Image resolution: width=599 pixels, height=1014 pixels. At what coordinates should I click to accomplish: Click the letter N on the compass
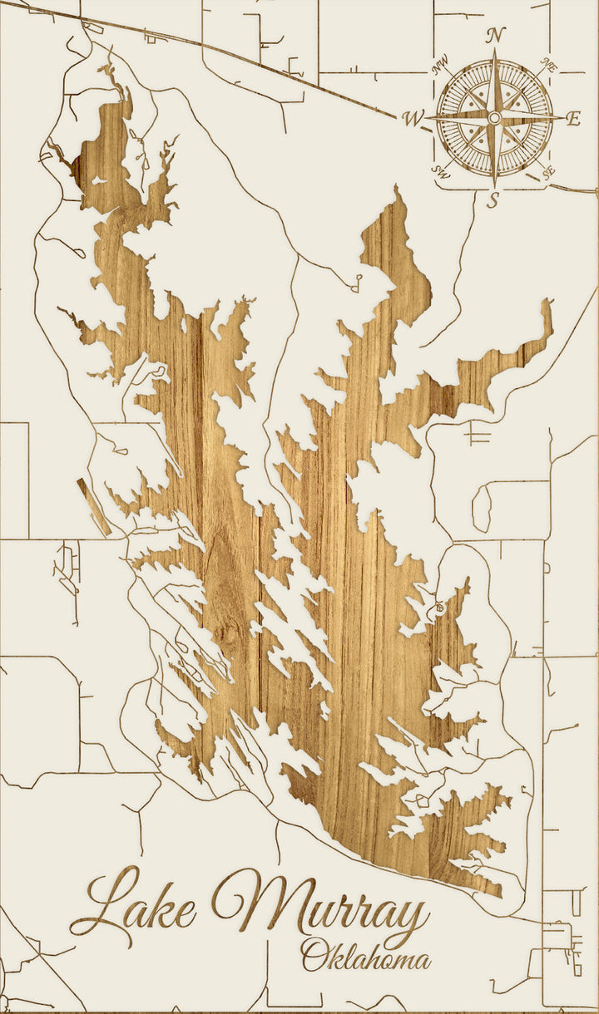(x=496, y=35)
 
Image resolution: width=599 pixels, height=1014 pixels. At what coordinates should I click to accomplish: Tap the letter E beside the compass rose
(x=572, y=119)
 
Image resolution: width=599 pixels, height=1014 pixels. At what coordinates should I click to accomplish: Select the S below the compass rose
(x=493, y=199)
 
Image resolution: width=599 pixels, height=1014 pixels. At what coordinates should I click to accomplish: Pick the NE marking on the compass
(x=547, y=65)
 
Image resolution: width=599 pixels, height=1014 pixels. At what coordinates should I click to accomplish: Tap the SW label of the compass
(x=441, y=171)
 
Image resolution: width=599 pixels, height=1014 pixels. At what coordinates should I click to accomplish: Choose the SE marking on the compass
(x=547, y=172)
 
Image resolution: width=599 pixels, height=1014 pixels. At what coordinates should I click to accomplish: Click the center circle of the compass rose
(x=494, y=119)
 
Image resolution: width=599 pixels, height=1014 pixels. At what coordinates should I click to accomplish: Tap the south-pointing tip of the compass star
(x=495, y=186)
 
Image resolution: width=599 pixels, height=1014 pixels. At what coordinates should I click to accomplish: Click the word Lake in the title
(x=133, y=906)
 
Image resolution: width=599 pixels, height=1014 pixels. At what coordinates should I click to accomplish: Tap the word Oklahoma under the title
(x=366, y=956)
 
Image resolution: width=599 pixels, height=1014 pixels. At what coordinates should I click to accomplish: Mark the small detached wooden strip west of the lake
(x=94, y=506)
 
